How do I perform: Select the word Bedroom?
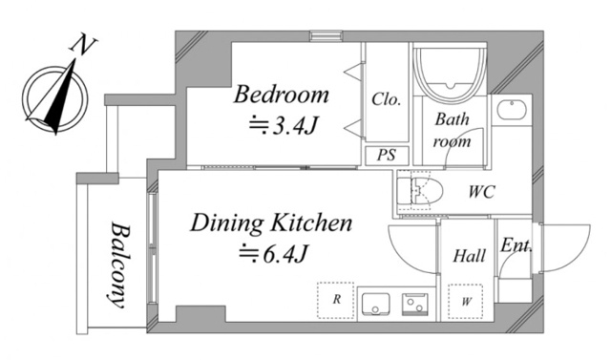click(282, 95)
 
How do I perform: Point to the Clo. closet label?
click(386, 98)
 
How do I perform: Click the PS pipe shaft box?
click(386, 155)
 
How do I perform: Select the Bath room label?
click(453, 131)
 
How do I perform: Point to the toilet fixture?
click(421, 190)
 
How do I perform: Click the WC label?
click(481, 191)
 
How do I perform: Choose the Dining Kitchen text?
click(273, 224)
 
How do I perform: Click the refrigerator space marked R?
click(336, 300)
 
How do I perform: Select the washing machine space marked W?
click(466, 300)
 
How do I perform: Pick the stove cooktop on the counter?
click(416, 305)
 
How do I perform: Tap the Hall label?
click(468, 256)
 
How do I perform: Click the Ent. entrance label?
click(516, 246)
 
